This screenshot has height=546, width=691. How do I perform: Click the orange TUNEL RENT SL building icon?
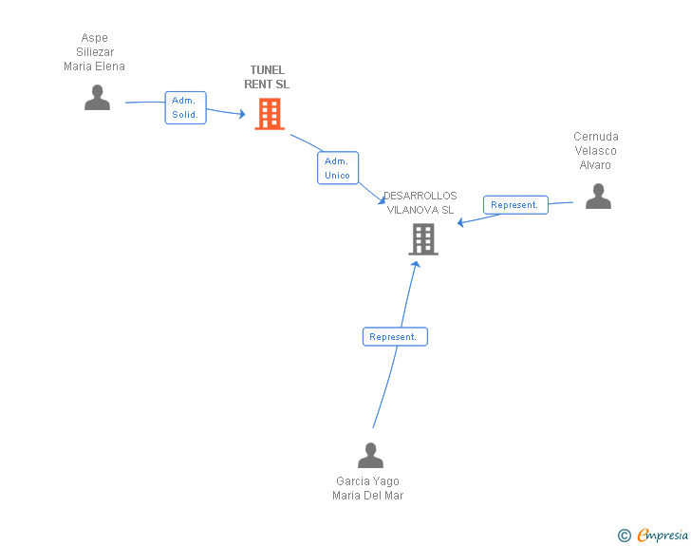point(270,114)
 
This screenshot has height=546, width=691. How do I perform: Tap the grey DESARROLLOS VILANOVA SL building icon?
point(423,239)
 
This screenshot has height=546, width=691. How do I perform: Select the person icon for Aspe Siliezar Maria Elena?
point(97,98)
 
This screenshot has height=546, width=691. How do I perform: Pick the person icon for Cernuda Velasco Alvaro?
point(598,197)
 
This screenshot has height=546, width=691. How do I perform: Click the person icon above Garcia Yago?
point(370,456)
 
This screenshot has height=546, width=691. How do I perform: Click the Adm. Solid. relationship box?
point(185,107)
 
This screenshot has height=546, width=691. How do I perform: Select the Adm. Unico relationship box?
point(337,168)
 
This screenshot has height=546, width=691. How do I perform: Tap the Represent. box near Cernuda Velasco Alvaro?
point(514,205)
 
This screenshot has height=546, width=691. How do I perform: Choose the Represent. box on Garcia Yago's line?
point(395,337)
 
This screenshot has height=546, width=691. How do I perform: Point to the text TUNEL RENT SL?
point(268,77)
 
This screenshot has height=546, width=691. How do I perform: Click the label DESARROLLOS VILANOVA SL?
point(420,203)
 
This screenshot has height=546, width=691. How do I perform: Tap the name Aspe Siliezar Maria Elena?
point(94,53)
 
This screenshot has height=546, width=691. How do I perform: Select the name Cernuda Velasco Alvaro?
point(596,151)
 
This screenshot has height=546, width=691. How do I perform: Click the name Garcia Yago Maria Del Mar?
point(368,488)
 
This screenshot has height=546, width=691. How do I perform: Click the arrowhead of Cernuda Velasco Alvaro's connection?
point(460,223)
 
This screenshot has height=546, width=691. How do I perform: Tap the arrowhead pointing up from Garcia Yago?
point(416,263)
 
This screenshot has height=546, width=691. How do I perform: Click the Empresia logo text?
point(663,536)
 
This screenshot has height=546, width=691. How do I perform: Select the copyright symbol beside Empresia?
point(625,536)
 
